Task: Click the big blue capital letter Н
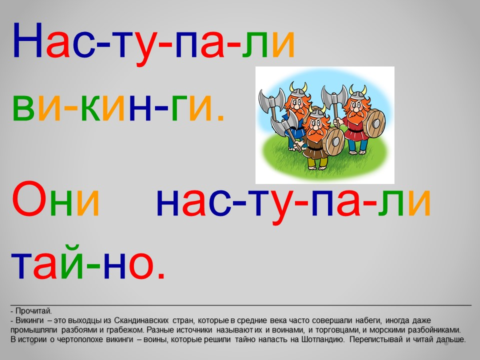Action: click(27, 40)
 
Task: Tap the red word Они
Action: click(55, 199)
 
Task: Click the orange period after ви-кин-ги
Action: click(220, 117)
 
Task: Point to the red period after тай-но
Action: click(161, 275)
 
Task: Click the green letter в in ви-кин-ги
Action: click(23, 107)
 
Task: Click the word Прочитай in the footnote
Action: click(33, 311)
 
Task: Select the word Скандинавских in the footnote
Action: click(141, 320)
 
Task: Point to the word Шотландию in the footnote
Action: click(324, 339)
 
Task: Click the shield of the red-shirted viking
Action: click(375, 123)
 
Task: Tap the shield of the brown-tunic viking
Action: click(334, 141)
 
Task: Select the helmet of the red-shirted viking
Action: click(357, 93)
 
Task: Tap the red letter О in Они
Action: click(27, 199)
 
